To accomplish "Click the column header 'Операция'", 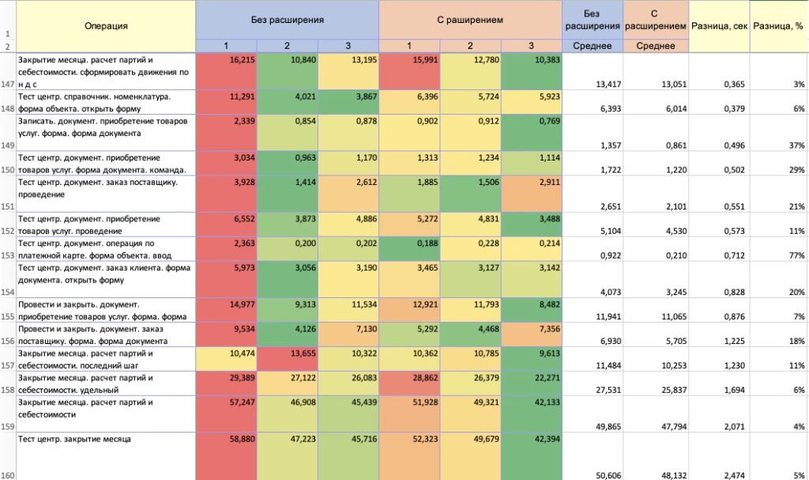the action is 106,26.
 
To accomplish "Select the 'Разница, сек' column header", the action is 719,26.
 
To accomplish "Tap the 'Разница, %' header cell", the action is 778,26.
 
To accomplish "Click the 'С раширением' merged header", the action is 470,20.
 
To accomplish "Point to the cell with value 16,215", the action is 226,71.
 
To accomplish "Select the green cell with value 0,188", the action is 409,249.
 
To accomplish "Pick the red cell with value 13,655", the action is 287,359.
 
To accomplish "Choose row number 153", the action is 8,255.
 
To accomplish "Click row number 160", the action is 8,475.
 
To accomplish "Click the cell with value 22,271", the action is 532,384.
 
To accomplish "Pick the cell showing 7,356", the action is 532,334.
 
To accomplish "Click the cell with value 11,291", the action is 226,102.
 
